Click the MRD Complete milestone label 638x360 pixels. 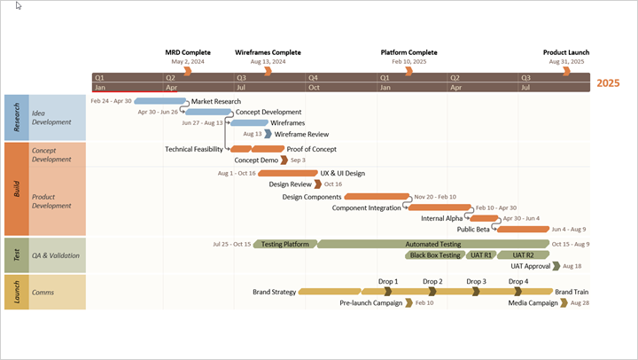coord(188,52)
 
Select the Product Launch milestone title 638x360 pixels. coord(566,52)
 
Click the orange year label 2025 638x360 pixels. coord(608,83)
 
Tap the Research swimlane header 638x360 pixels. coord(16,117)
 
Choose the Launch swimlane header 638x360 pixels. coord(16,292)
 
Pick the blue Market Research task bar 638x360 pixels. coord(159,101)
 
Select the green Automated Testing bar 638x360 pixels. coord(432,244)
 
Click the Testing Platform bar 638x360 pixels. coord(284,244)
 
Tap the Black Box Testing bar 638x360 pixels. coord(434,255)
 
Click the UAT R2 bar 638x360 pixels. coord(523,255)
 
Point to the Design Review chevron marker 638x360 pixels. coord(317,184)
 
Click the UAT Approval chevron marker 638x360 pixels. coord(556,266)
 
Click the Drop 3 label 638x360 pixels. coord(477,282)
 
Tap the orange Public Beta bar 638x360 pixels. coord(523,229)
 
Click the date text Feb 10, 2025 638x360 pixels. coord(408,62)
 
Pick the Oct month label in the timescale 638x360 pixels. coord(315,88)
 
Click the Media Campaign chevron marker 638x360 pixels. coord(564,302)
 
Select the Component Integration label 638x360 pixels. coord(366,207)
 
